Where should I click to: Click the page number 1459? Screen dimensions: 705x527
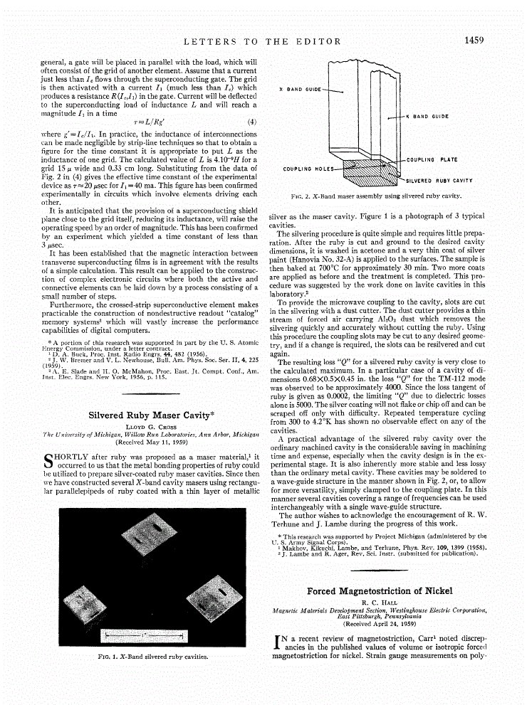pos(474,41)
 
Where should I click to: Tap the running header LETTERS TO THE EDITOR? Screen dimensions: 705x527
pos(264,42)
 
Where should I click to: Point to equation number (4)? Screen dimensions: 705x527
pos(251,122)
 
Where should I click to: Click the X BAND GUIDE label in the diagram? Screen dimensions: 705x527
pos(299,90)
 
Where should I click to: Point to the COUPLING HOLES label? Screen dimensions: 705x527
pos(308,169)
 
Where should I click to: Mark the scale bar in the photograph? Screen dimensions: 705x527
pos(145,632)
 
